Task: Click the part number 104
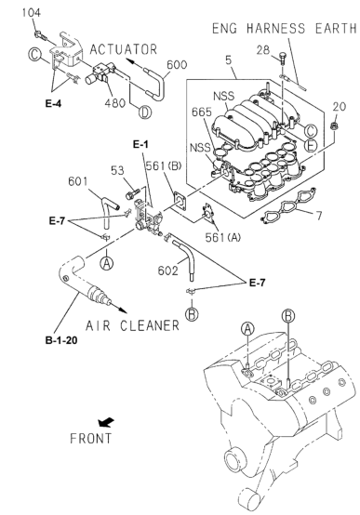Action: (x=32, y=13)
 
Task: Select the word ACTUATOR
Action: (x=124, y=50)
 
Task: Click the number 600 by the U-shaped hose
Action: (x=177, y=65)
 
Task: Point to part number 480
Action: (x=114, y=103)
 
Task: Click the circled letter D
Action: (x=145, y=112)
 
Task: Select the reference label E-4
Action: (x=53, y=104)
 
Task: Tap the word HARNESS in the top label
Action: (x=275, y=29)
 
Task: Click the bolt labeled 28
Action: (x=282, y=59)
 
